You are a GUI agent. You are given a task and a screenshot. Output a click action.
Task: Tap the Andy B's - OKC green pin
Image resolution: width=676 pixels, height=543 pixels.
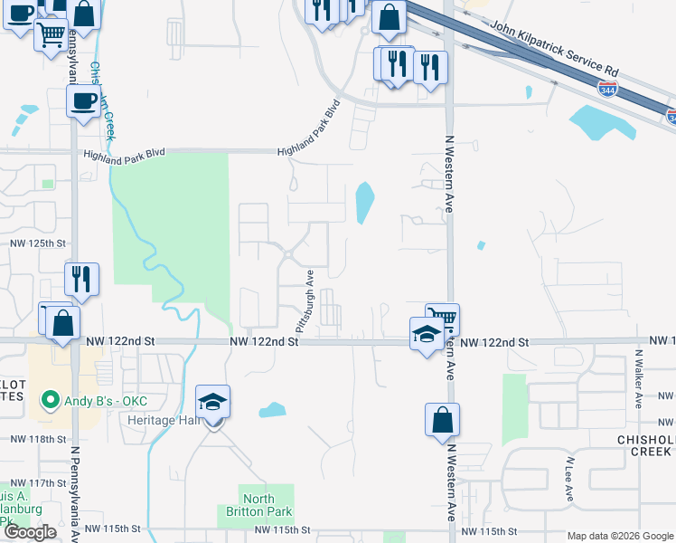point(51,399)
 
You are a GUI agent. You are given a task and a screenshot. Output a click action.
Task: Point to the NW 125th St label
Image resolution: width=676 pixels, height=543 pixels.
point(38,243)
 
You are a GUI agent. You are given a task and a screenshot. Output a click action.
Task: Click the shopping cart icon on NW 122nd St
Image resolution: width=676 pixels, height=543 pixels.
point(442,319)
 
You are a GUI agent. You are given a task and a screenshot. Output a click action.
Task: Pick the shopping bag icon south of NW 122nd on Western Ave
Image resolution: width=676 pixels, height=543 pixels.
point(442,421)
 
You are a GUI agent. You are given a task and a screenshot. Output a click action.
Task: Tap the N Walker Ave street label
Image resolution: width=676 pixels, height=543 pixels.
point(638,380)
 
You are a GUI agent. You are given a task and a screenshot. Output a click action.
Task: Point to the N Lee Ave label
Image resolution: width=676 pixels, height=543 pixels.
point(569,479)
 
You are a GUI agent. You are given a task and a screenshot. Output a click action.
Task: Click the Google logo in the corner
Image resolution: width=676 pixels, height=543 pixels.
point(30,532)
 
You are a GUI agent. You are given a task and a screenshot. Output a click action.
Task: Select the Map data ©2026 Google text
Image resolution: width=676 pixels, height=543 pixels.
point(620,536)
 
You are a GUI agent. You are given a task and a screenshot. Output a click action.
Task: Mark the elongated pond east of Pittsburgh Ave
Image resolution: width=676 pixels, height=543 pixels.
point(364,204)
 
